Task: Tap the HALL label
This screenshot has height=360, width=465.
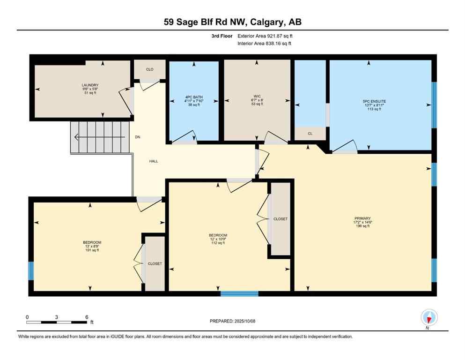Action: click(x=154, y=161)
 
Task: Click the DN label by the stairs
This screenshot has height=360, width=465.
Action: click(x=138, y=137)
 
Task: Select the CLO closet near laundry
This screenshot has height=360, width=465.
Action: click(x=149, y=69)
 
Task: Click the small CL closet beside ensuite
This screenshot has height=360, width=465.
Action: click(x=310, y=134)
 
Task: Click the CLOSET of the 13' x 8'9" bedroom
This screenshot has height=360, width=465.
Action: click(x=155, y=263)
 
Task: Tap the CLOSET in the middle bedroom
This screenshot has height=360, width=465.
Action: click(x=280, y=219)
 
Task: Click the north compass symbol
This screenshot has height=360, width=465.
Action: click(x=429, y=318)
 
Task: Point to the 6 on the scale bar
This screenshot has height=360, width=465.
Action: click(x=87, y=317)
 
